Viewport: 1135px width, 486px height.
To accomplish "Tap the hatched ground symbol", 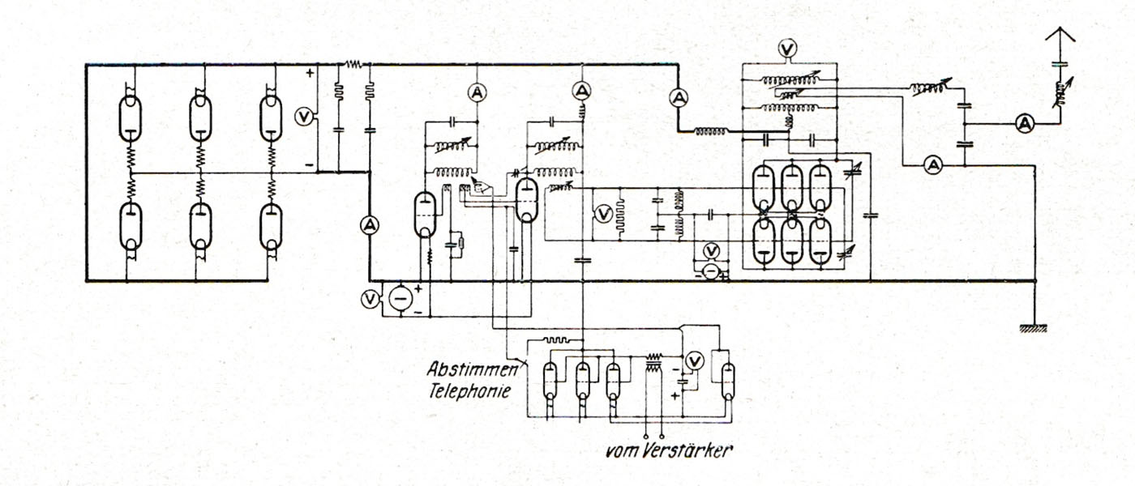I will pos(1033,328).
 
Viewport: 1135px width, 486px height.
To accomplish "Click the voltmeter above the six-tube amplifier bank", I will pos(786,49).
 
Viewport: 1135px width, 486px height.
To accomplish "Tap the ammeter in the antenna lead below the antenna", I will pos(1025,123).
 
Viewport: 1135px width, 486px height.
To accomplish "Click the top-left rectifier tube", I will pos(130,117).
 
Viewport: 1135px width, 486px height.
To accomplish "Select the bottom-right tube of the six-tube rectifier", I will pos(270,227).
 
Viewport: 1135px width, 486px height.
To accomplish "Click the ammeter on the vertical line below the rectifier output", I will pos(369,225).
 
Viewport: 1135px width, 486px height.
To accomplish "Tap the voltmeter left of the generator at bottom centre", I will pos(370,300).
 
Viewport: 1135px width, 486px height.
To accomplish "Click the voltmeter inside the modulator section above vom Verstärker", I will pos(694,361).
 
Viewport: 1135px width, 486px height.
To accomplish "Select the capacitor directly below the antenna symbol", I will pos(1060,63).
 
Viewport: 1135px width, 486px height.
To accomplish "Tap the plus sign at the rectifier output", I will pos(311,73).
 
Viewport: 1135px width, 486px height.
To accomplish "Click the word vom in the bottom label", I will pos(620,450).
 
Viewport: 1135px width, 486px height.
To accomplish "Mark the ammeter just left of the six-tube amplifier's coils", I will pos(677,98).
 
